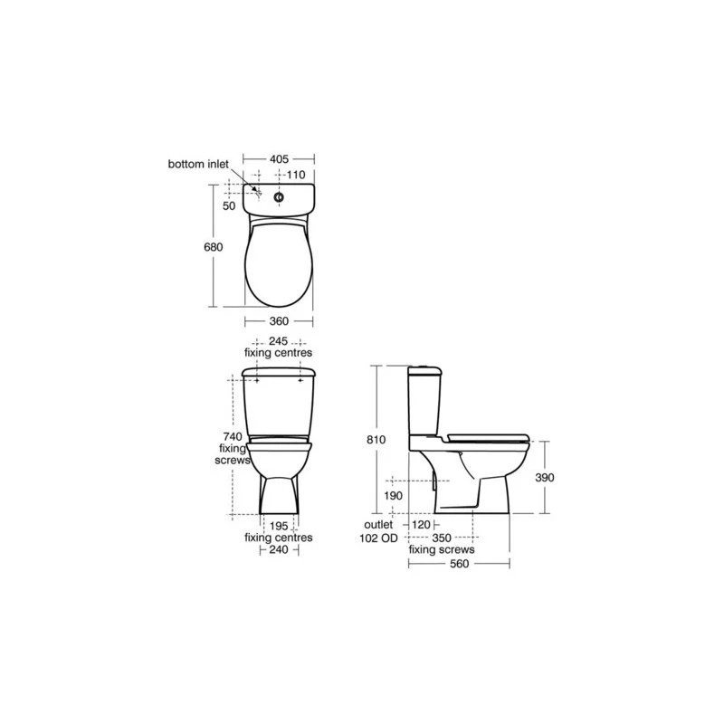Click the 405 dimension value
coord(279,159)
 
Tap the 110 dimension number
coord(296,175)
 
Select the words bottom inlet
coord(198,164)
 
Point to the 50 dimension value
coord(229,205)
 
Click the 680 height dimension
coord(214,247)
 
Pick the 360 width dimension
coord(279,321)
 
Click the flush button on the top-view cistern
coord(279,197)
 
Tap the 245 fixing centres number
coord(279,341)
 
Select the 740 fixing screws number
coord(233,436)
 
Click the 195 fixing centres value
coord(279,526)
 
